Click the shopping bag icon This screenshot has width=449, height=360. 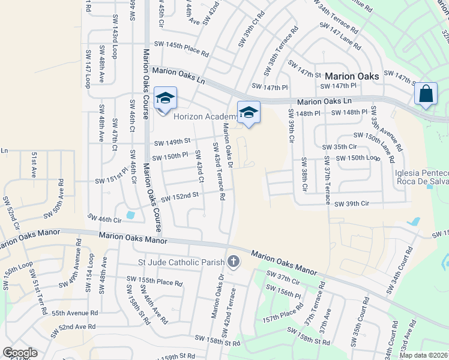click(x=426, y=94)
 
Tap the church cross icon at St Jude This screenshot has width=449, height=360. click(x=233, y=261)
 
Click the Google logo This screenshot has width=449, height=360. click(x=20, y=353)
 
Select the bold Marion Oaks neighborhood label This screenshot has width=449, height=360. click(x=352, y=76)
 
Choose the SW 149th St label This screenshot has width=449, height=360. click(x=172, y=142)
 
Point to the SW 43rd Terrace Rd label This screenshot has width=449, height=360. click(x=218, y=171)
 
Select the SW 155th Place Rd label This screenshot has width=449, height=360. click(x=154, y=281)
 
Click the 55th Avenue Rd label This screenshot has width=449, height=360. click(x=74, y=313)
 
